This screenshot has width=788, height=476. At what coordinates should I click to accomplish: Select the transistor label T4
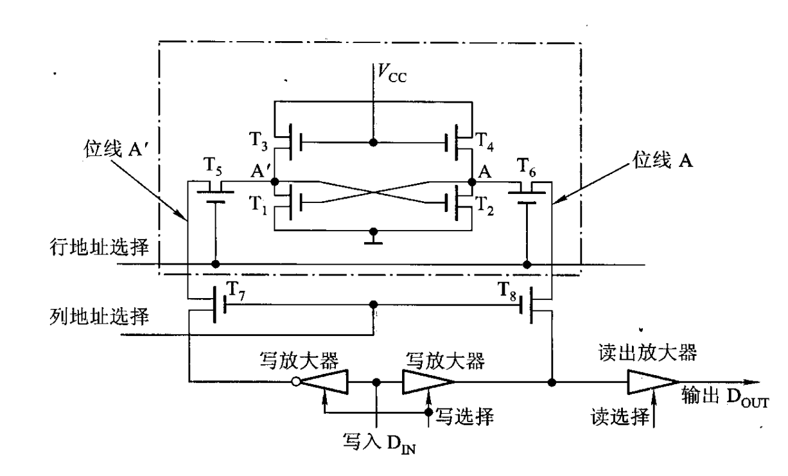(486, 141)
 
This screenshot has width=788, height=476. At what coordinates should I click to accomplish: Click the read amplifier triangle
(649, 382)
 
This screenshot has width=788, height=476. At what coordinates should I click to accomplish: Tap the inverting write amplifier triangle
(325, 382)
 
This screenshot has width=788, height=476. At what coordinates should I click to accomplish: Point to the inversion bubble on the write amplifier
(296, 382)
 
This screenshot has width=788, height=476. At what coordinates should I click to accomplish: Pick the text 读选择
(616, 419)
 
